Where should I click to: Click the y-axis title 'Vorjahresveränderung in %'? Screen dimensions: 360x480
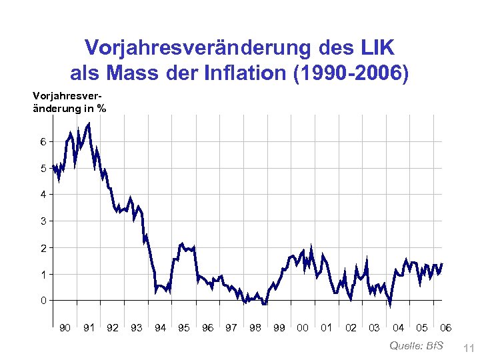click(69, 102)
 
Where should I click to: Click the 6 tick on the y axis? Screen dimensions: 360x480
click(43, 141)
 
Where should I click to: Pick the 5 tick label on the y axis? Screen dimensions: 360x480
click(43, 168)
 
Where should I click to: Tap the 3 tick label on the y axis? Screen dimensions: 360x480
click(43, 221)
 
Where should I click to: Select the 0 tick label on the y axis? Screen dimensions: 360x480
click(43, 300)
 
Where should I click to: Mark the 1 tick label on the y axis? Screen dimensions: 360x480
click(43, 274)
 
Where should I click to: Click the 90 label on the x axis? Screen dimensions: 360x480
click(65, 327)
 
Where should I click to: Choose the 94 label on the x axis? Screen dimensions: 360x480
click(160, 327)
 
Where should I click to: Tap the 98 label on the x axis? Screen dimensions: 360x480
click(255, 327)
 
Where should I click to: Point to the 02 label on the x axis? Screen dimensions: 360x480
click(351, 327)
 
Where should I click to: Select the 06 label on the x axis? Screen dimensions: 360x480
click(446, 327)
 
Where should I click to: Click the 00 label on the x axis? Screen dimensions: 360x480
click(303, 327)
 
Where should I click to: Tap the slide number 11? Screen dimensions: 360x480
click(467, 347)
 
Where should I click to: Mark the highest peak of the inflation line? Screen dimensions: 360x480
click(89, 123)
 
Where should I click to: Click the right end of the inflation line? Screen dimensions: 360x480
click(442, 264)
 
